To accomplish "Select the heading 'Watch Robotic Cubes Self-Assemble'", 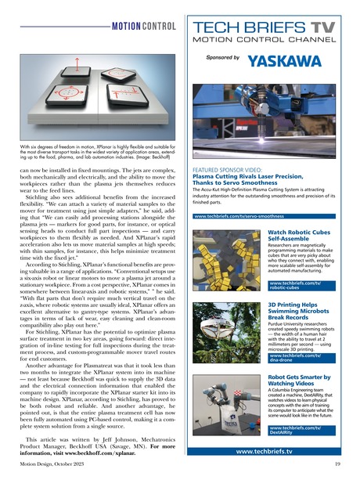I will click(299, 236).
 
